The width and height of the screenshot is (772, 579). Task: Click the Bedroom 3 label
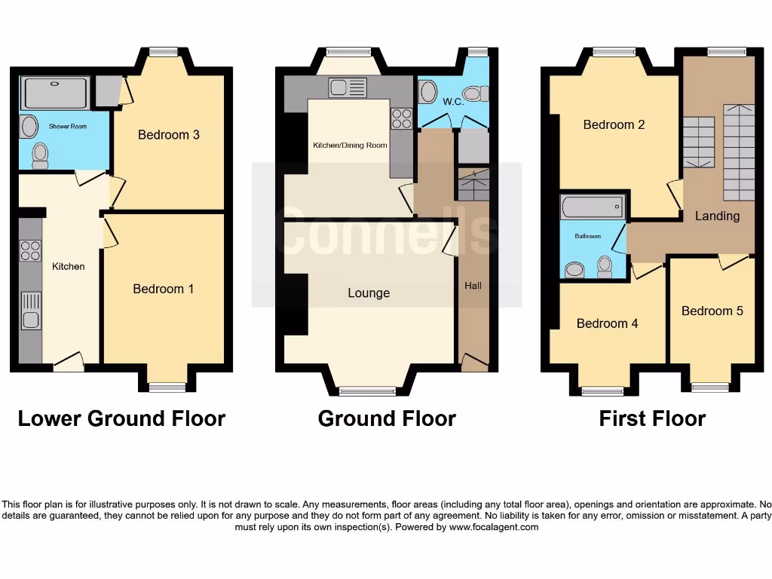(168, 135)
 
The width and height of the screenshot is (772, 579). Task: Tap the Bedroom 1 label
(163, 289)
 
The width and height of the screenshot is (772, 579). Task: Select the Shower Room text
(68, 127)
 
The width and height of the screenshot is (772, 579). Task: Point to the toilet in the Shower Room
(41, 155)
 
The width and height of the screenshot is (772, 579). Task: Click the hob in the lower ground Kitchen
(30, 250)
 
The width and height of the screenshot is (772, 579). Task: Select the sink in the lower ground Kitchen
(30, 311)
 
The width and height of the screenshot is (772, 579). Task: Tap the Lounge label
(369, 293)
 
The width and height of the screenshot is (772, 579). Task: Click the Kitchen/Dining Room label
(350, 146)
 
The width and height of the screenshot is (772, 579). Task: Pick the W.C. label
(452, 101)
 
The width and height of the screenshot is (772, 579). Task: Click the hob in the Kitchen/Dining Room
(401, 118)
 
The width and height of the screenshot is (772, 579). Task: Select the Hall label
(473, 286)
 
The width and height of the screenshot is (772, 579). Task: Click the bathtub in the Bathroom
(593, 207)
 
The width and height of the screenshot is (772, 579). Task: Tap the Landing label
(717, 216)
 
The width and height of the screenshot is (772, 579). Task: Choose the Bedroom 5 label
(712, 311)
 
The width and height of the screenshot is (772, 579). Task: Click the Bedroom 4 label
(607, 323)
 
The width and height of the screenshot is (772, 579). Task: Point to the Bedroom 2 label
(614, 124)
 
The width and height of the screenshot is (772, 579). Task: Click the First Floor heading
(652, 418)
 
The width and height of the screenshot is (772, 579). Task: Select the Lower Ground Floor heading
(121, 418)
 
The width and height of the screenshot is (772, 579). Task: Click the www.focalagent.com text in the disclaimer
(494, 527)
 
